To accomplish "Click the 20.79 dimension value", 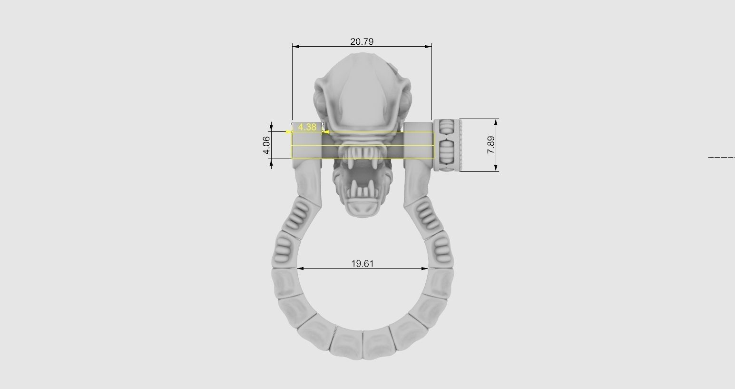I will click(x=362, y=41).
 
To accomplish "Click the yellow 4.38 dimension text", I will click(x=307, y=127).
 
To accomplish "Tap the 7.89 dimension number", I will click(x=491, y=145).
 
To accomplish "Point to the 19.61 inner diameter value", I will click(x=363, y=263).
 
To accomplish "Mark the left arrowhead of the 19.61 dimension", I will click(x=301, y=269).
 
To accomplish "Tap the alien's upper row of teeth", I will click(x=363, y=153).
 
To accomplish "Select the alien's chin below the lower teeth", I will click(x=363, y=208).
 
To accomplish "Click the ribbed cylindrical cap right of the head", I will click(x=447, y=145).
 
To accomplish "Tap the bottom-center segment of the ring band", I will click(x=363, y=345).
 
